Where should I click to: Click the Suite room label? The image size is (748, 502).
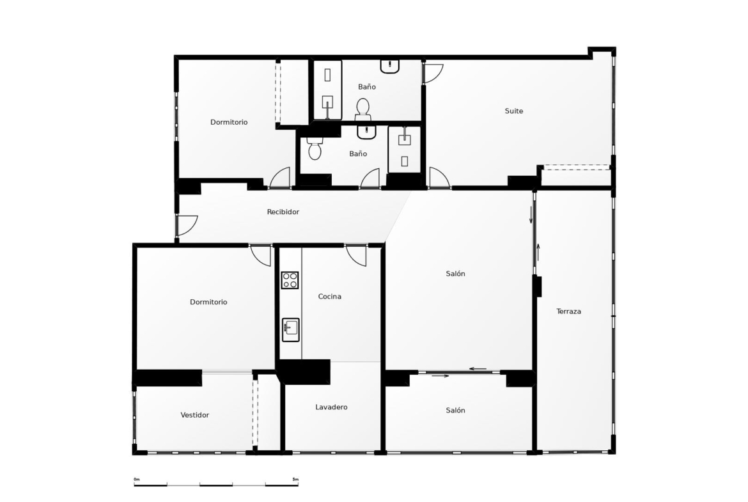click(x=514, y=111)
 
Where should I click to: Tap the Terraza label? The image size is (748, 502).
click(x=568, y=311)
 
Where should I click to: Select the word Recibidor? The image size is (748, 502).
click(x=283, y=212)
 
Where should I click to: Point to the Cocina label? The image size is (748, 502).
click(x=330, y=296)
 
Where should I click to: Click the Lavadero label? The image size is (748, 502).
click(x=331, y=407)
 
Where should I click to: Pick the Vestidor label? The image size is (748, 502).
click(x=194, y=414)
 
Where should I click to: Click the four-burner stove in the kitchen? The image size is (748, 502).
click(x=290, y=280)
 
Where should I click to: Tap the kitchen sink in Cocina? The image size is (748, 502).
click(x=290, y=330)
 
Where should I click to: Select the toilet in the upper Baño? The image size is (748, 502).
click(x=362, y=109)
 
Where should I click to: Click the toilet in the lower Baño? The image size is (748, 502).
click(x=315, y=148)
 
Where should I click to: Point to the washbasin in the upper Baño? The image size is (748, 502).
click(x=390, y=66)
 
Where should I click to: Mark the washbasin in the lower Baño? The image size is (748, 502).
click(x=366, y=132)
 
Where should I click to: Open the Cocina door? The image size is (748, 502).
click(x=355, y=256)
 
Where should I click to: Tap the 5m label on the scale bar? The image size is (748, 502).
click(x=295, y=479)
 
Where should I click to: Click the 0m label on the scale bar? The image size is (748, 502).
click(x=136, y=479)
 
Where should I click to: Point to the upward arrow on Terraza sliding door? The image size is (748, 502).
click(x=538, y=253)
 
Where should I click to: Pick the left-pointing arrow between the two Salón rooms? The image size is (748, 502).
click(x=478, y=368)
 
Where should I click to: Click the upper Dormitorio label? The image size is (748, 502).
click(x=229, y=122)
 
